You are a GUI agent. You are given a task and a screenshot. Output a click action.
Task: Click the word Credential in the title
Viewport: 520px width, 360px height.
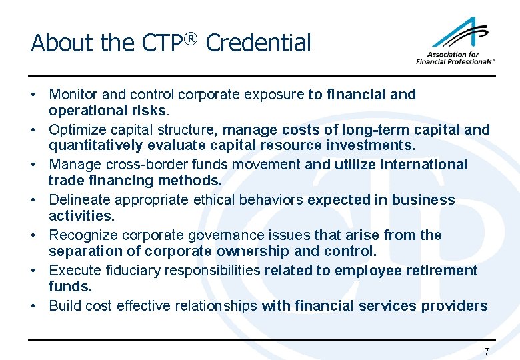[x=258, y=43]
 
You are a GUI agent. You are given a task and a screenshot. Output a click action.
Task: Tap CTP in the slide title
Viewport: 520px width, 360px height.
[x=161, y=43]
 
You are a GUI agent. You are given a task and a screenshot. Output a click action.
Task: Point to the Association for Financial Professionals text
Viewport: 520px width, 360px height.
[x=455, y=58]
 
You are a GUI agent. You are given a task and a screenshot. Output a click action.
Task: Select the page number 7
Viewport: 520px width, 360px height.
[x=487, y=351]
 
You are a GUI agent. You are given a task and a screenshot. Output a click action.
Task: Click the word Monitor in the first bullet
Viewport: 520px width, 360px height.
[x=73, y=95]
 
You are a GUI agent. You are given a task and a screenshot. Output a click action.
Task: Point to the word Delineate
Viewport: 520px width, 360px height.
[x=80, y=200]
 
